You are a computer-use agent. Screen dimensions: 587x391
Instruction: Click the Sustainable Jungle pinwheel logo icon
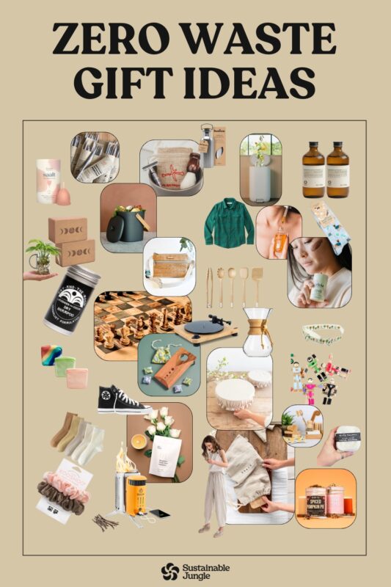170,571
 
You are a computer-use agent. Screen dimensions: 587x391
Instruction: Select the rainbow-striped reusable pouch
51,353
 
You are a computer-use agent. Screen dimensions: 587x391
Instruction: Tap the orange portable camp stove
137,491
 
